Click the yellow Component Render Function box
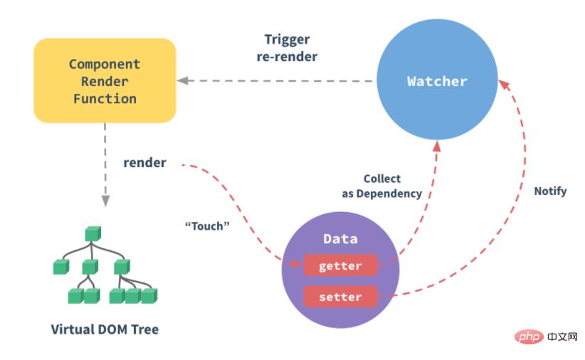click(x=105, y=80)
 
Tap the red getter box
click(x=340, y=266)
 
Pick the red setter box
click(x=340, y=297)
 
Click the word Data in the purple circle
click(x=340, y=239)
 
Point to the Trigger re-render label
click(x=287, y=48)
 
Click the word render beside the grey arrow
click(x=144, y=163)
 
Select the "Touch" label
click(x=207, y=226)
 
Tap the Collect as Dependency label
click(x=382, y=186)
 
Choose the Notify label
click(x=550, y=191)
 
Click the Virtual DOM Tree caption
click(x=105, y=329)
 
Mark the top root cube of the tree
click(x=90, y=233)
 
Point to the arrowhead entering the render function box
click(x=182, y=81)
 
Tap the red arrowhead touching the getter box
click(x=298, y=264)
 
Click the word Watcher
click(x=436, y=81)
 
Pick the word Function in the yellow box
click(x=105, y=98)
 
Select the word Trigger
click(x=287, y=39)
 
